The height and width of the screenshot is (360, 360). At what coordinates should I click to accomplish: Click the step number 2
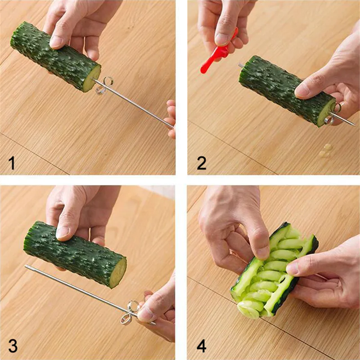(x=202, y=162)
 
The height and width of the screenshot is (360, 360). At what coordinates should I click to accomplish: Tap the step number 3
(x=13, y=346)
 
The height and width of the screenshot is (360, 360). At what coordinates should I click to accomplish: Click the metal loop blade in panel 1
(x=105, y=85)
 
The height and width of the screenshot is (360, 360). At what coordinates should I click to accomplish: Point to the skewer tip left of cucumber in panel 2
(x=241, y=66)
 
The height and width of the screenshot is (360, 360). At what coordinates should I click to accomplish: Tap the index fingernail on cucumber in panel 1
(x=56, y=41)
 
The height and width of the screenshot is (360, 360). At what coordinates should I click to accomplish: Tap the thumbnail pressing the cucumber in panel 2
(x=303, y=91)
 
